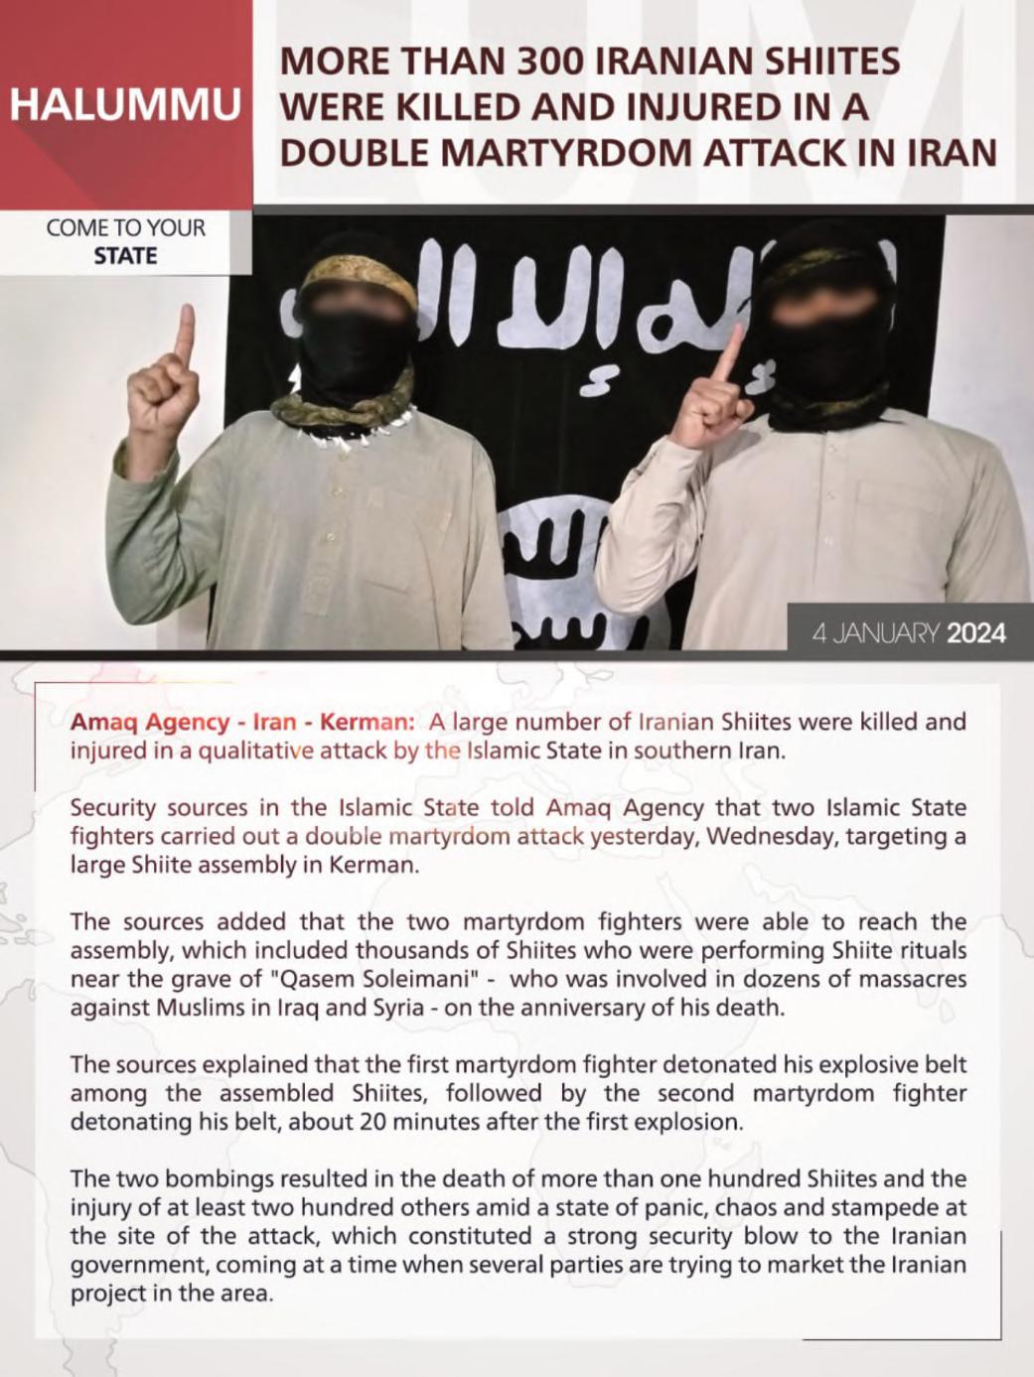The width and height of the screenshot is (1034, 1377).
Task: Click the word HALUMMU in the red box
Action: (x=126, y=106)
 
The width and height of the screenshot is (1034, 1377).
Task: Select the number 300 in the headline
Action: (x=549, y=62)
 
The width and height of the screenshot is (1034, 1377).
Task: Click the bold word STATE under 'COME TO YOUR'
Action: (x=125, y=255)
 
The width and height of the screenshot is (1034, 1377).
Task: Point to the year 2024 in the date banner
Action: (x=976, y=632)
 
